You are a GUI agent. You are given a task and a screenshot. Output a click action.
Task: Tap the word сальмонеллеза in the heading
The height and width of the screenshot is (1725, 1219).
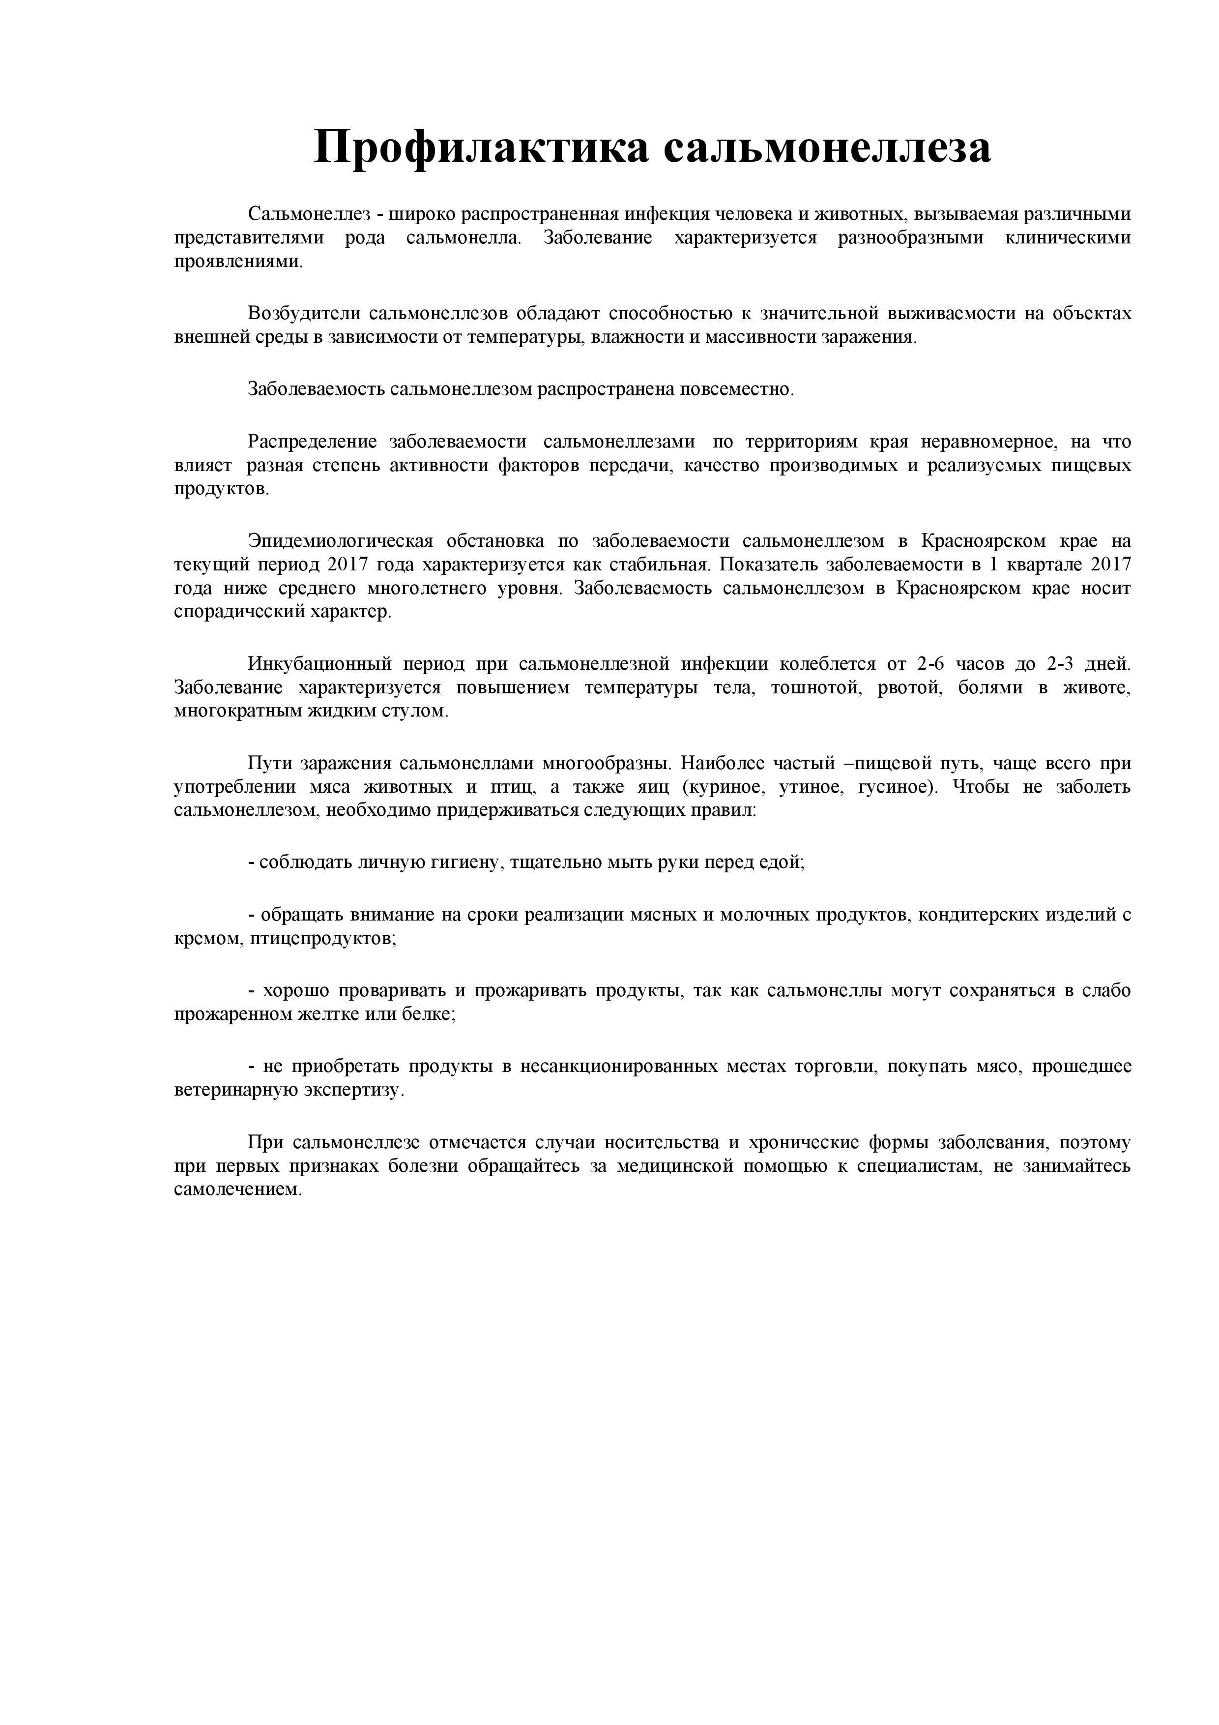coord(827,147)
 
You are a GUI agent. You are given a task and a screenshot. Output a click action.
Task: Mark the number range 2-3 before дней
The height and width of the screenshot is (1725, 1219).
coord(1060,664)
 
